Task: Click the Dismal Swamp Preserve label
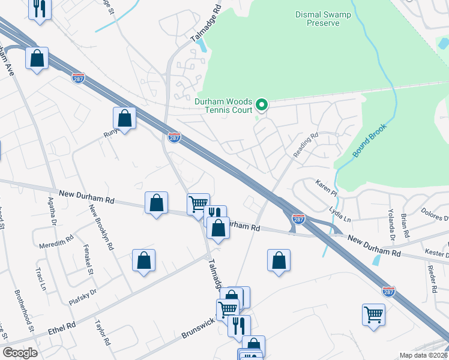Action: (318, 19)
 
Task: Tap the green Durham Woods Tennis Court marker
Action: (262, 106)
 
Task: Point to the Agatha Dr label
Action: (52, 217)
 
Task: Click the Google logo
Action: (20, 353)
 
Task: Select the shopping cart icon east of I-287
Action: (373, 314)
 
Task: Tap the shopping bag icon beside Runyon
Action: (125, 118)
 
